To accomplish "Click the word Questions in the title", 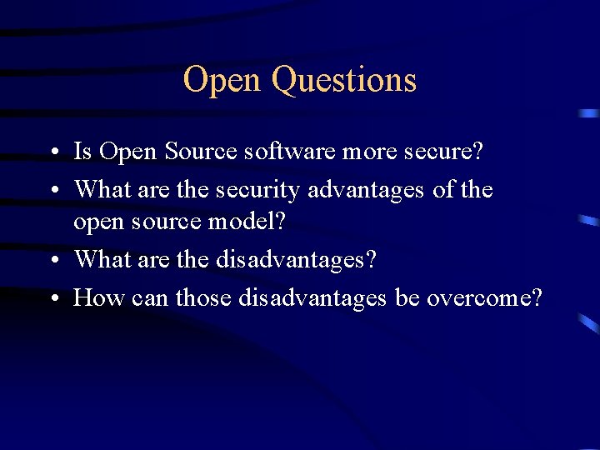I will tap(344, 80).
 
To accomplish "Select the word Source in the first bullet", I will tap(196, 152).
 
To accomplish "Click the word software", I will tap(279, 152).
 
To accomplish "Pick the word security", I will tap(258, 190).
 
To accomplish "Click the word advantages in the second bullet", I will tap(367, 190).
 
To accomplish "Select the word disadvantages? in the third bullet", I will tap(297, 259).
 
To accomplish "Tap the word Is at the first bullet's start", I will tap(82, 152).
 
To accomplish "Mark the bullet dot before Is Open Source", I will tap(52, 153).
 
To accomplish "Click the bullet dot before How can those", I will tap(52, 298).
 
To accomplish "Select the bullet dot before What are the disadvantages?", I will tap(52, 261).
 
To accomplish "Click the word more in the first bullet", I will tap(360, 152).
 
